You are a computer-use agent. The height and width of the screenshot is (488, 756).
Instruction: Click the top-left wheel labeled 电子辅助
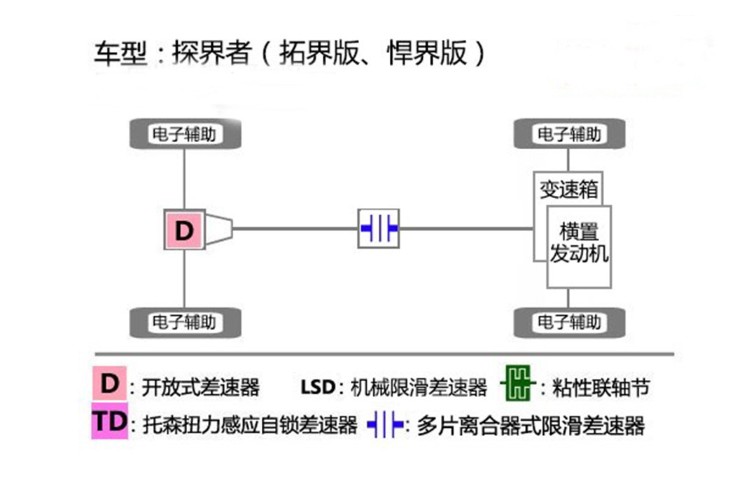pos(185,133)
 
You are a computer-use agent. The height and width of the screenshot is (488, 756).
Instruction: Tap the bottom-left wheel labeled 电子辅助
pos(185,322)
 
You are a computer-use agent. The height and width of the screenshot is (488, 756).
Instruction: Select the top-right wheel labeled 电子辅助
pos(569,133)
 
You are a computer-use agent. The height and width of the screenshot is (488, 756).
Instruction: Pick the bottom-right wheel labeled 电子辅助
pos(569,322)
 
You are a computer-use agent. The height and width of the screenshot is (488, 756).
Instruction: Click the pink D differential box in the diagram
pos(184,230)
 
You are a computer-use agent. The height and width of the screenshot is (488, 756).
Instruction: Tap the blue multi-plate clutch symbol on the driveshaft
pos(379,228)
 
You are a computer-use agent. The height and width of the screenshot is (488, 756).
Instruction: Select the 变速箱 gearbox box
pos(567,188)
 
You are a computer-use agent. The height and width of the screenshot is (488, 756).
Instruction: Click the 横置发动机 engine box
pos(580,245)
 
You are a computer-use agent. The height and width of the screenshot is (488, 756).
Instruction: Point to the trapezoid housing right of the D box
pos(218,229)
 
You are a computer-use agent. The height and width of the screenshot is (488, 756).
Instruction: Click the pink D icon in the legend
pos(110,384)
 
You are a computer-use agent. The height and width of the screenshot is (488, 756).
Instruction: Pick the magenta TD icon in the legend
pos(109,421)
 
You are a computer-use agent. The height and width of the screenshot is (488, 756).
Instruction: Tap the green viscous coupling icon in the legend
pos(518,385)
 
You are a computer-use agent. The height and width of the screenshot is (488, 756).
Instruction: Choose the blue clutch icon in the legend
pos(386,424)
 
